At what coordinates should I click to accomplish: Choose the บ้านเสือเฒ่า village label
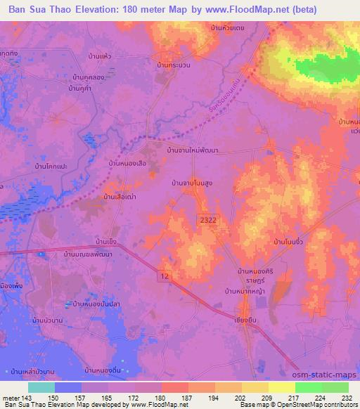[x=120, y=197]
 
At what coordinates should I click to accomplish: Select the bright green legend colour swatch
[x=308, y=387]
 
